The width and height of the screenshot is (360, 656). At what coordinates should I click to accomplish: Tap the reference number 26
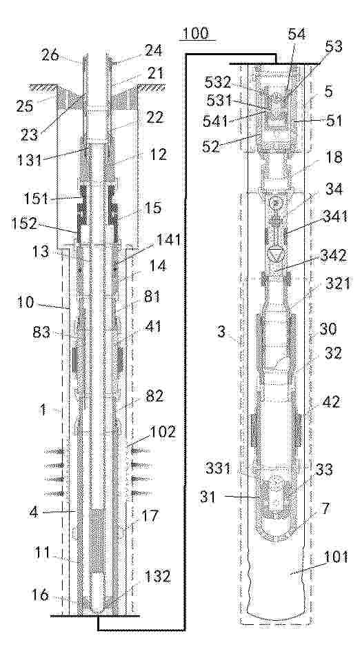point(51,54)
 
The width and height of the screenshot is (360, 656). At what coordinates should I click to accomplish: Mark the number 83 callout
point(40,332)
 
